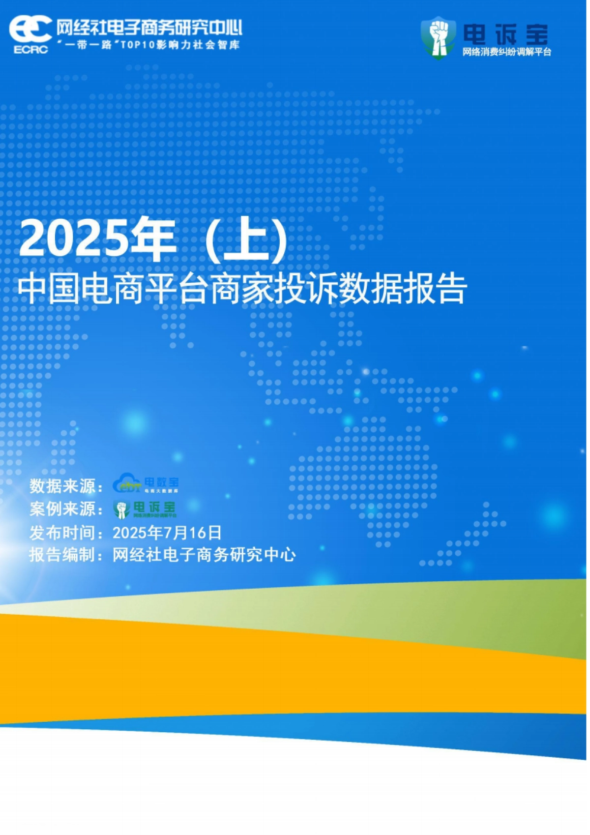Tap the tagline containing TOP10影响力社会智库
(148, 45)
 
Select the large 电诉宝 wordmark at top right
(506, 34)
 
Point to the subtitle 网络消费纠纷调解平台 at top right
(506, 52)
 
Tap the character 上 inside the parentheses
(246, 240)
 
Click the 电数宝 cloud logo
(146, 484)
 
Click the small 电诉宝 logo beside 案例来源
(145, 509)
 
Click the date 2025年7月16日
(167, 533)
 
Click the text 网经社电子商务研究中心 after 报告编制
(204, 555)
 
